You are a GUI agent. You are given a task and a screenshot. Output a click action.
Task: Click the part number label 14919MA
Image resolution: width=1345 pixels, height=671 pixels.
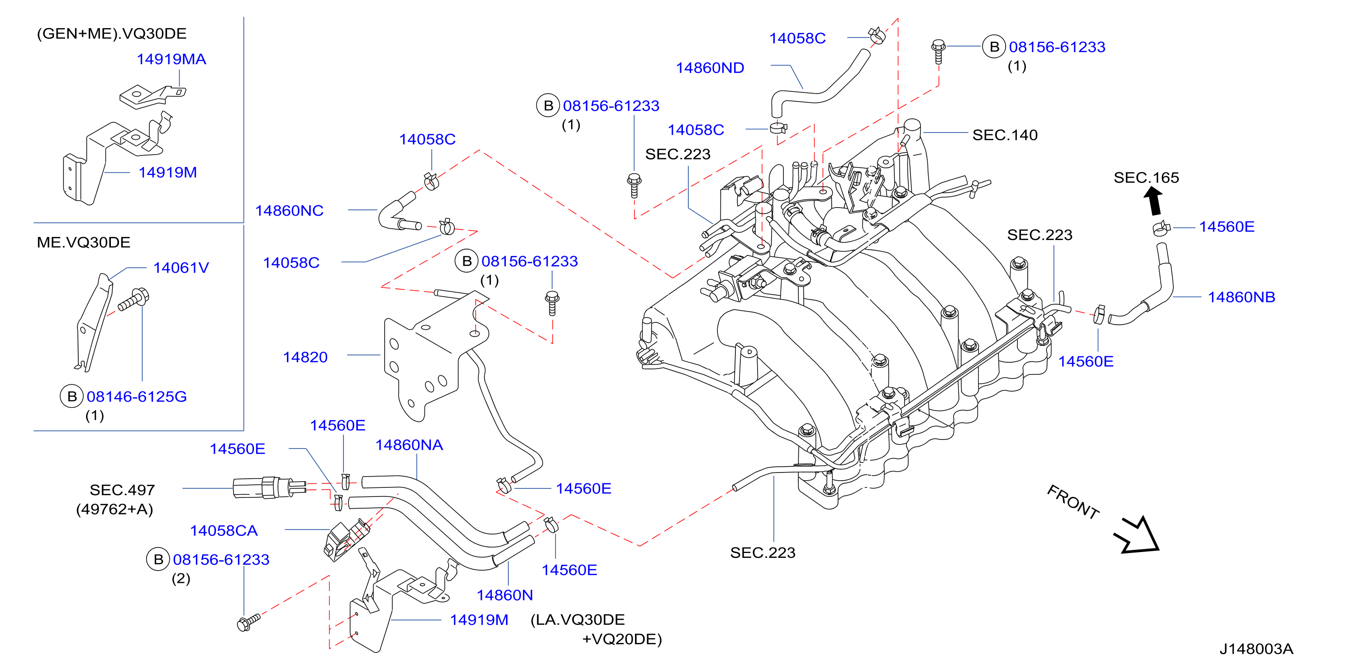point(171,59)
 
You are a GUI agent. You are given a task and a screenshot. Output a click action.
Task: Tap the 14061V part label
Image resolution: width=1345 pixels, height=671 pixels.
point(181,268)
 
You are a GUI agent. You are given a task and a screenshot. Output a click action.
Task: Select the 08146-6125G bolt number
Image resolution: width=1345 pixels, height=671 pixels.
point(136,397)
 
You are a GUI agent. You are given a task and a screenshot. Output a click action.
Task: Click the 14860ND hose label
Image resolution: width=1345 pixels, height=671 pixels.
point(710,68)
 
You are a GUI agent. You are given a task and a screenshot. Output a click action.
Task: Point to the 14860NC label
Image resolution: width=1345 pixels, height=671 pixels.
point(289,211)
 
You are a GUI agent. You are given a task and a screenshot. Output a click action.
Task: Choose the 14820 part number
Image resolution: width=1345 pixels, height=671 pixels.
point(305,357)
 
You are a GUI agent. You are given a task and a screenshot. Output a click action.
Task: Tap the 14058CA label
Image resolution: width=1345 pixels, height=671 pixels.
point(224,531)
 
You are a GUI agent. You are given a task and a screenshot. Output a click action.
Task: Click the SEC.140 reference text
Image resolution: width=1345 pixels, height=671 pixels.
point(1005,135)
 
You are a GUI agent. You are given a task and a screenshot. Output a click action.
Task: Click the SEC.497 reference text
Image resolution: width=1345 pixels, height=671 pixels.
point(122,490)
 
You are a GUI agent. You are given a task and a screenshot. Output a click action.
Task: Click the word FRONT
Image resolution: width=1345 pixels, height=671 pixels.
point(1073,501)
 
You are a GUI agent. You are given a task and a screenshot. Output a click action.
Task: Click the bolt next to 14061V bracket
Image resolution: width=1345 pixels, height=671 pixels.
point(134,299)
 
